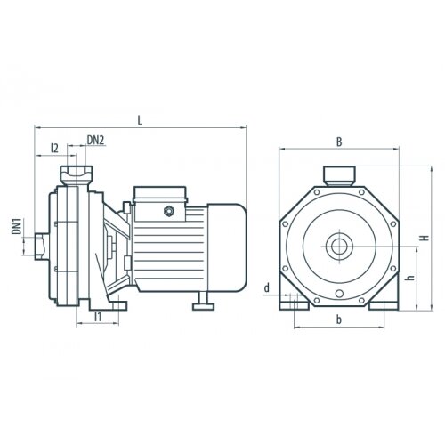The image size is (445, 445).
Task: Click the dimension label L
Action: (x=140, y=120)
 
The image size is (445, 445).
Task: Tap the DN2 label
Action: (x=95, y=140)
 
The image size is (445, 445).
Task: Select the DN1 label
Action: (x=17, y=226)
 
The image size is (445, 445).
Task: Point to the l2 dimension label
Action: (x=54, y=148)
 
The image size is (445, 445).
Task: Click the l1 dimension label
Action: (x=98, y=317)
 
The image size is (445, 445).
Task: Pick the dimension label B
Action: (x=339, y=142)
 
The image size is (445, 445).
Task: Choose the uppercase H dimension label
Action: (x=425, y=238)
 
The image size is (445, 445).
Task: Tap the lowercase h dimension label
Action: (x=410, y=278)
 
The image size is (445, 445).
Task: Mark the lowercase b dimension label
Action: (x=339, y=320)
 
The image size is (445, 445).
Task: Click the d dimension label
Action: (x=267, y=287)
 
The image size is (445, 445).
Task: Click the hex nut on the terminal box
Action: (x=169, y=211)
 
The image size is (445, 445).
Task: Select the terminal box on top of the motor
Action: (x=160, y=204)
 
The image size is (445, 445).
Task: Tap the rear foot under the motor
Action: (x=204, y=303)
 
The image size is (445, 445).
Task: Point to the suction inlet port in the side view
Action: (x=42, y=247)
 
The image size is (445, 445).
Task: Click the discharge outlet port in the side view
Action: (x=77, y=175)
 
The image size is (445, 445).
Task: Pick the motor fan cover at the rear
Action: (x=227, y=247)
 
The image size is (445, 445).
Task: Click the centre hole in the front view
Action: (x=339, y=246)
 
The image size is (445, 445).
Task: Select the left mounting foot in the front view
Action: (x=295, y=305)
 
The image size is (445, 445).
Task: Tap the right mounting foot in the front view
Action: (x=384, y=305)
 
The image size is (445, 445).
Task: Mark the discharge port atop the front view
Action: (x=339, y=176)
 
